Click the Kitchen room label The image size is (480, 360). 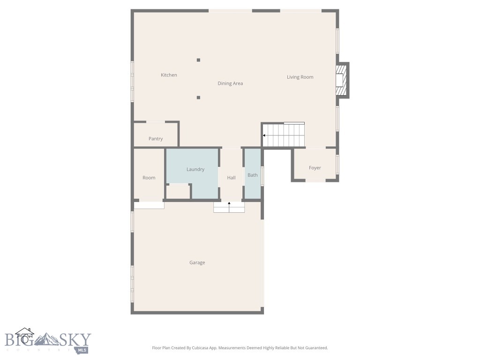pyautogui.click(x=169, y=75)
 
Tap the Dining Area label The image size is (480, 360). pyautogui.click(x=230, y=83)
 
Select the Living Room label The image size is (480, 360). pyautogui.click(x=300, y=77)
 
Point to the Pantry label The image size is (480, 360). pyautogui.click(x=156, y=139)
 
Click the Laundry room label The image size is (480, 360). pyautogui.click(x=195, y=169)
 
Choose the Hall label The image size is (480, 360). pyautogui.click(x=231, y=178)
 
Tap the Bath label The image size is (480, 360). pyautogui.click(x=253, y=175)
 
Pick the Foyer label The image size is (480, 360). pyautogui.click(x=315, y=168)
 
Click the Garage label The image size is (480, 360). pyautogui.click(x=197, y=262)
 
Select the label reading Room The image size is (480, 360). pyautogui.click(x=149, y=178)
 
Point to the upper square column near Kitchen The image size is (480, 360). pyautogui.click(x=198, y=60)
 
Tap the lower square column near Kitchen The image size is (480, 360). pyautogui.click(x=198, y=97)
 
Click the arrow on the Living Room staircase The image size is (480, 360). pyautogui.click(x=265, y=135)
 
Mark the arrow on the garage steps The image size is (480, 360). pyautogui.click(x=229, y=203)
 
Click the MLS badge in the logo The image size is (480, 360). pyautogui.click(x=82, y=350)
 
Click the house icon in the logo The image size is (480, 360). pyautogui.click(x=24, y=335)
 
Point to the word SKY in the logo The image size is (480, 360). pyautogui.click(x=74, y=339)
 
